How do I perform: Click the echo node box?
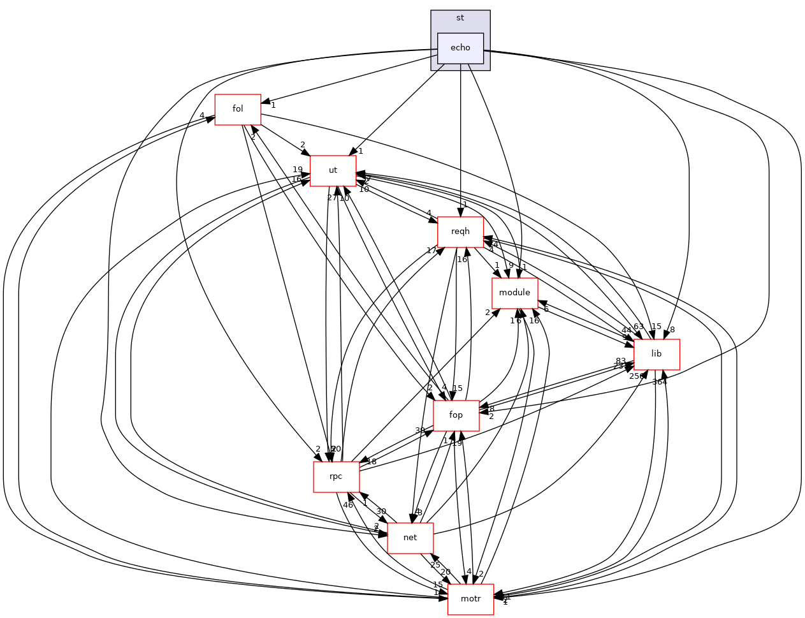(x=460, y=48)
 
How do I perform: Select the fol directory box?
(x=238, y=109)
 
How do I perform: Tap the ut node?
(x=333, y=170)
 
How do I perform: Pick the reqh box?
(x=460, y=232)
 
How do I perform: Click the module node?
(x=514, y=293)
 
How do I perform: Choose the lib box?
(x=656, y=354)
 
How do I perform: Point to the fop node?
(x=456, y=415)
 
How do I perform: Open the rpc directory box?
(x=336, y=476)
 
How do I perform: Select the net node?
(x=410, y=538)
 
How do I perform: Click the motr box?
(x=470, y=599)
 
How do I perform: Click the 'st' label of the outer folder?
(x=460, y=17)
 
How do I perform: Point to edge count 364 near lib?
(x=659, y=382)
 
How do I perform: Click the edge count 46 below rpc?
(x=348, y=505)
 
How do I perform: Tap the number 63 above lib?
(x=639, y=327)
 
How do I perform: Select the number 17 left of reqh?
(x=432, y=251)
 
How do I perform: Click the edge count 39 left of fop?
(x=420, y=430)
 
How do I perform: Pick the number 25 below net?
(x=435, y=565)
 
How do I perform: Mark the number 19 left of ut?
(x=298, y=170)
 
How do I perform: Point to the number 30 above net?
(x=381, y=511)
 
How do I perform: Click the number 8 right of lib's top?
(x=672, y=330)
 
